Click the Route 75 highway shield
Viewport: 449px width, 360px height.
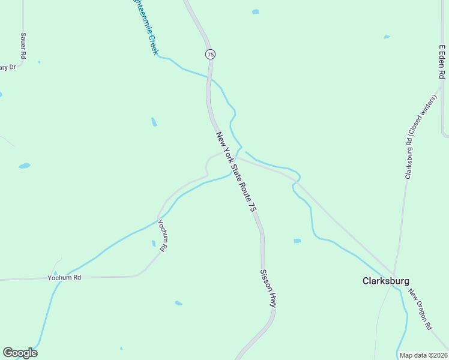209,54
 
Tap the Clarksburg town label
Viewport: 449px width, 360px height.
386,281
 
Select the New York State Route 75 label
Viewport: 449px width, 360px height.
236,172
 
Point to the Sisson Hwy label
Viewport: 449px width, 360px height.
268,289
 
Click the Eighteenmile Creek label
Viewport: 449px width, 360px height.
144,27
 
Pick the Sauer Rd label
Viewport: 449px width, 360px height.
23,46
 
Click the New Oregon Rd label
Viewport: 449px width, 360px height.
420,310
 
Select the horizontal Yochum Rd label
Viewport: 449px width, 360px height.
64,278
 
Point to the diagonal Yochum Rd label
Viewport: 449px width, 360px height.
164,235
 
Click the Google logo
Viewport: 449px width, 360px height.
20,353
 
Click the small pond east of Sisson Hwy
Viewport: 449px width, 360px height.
297,241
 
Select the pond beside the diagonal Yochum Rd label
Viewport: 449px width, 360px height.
154,243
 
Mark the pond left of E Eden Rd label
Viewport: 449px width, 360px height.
387,37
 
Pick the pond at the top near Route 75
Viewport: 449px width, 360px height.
256,11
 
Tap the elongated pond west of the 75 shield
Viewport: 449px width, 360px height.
154,122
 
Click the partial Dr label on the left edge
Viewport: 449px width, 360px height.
7,67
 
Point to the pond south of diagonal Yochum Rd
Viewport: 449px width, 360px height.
178,303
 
